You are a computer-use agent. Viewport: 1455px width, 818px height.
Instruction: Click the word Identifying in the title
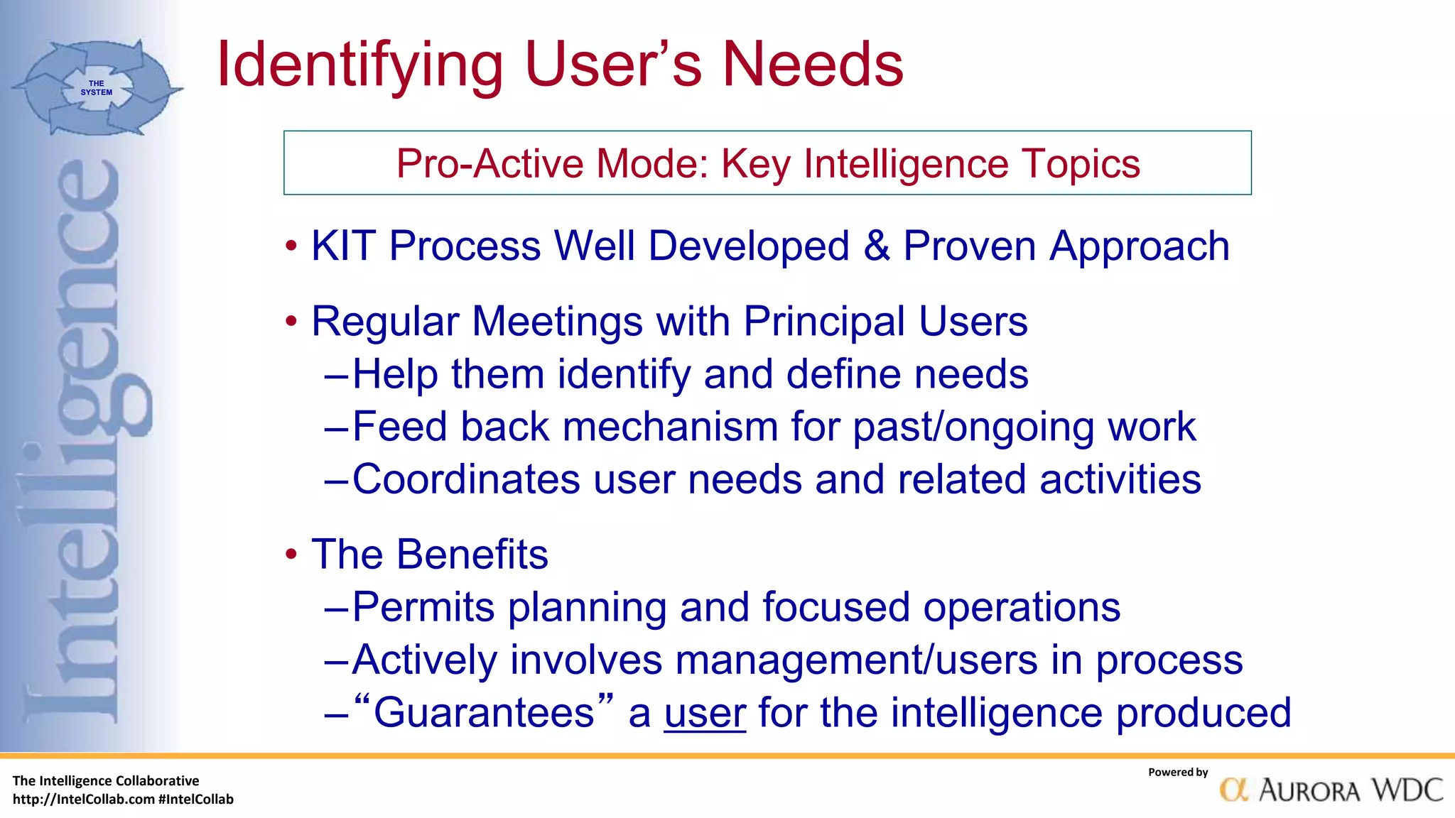(x=359, y=65)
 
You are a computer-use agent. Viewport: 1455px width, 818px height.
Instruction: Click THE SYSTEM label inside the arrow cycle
(x=96, y=88)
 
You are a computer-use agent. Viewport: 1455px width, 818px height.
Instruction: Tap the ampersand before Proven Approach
(x=877, y=246)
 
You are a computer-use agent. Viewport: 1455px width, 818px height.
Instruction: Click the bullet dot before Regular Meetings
(x=291, y=322)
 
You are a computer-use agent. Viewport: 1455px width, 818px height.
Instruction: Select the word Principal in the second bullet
(x=824, y=322)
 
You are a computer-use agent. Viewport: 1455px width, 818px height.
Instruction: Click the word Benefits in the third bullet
(x=472, y=555)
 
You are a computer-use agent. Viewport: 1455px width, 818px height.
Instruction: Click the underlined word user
(x=705, y=713)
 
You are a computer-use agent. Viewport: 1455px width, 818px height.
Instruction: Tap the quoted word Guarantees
(x=483, y=712)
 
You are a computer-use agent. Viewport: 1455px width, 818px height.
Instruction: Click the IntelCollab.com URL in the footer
(x=84, y=800)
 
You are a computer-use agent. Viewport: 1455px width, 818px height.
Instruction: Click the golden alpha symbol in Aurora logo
(x=1234, y=790)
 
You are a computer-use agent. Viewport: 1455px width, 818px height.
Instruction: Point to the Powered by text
(x=1177, y=773)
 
